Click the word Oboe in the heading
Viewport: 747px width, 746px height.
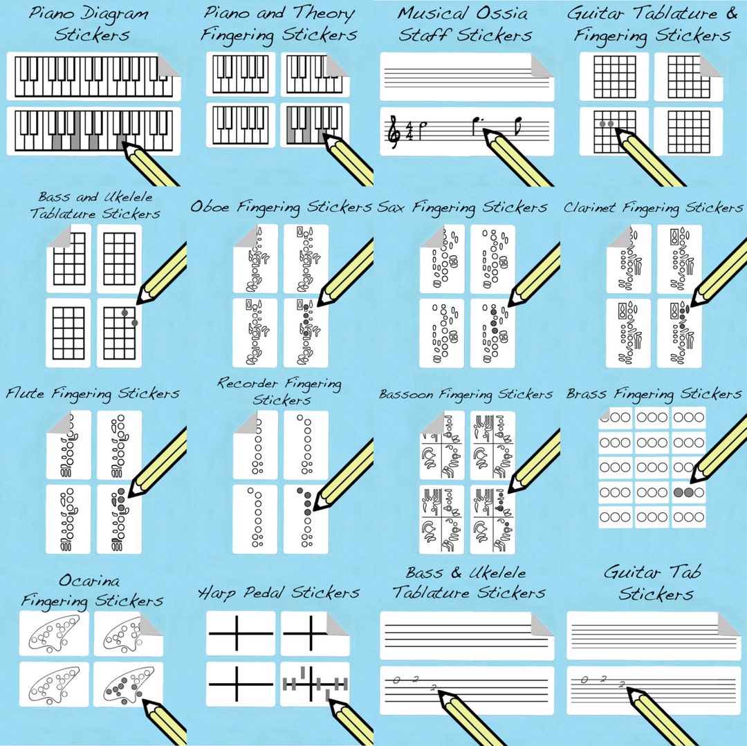point(211,207)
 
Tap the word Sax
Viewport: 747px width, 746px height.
point(394,207)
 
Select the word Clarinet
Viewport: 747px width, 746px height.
point(590,207)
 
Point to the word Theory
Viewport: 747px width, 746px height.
point(323,13)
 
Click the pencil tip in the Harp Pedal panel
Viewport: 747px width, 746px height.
point(328,700)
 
